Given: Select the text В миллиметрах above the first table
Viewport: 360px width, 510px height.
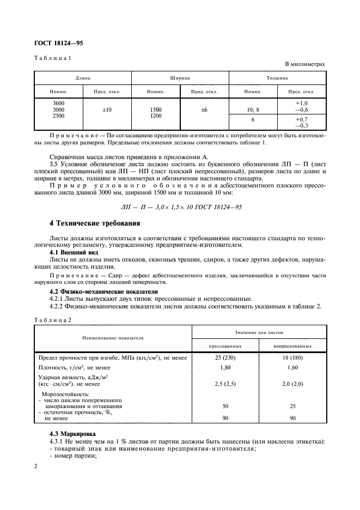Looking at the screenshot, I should (305, 64).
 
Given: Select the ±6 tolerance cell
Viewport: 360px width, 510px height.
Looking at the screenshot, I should (204, 110).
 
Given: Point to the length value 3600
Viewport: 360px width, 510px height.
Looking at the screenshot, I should (58, 103).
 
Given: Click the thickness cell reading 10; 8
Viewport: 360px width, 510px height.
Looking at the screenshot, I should (252, 110).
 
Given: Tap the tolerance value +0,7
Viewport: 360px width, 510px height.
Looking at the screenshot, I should (302, 119).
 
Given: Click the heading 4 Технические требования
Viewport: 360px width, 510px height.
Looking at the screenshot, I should (95, 223).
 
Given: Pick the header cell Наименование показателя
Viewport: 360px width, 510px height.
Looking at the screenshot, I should (113, 338).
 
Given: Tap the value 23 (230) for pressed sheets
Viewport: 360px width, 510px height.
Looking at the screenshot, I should (225, 357).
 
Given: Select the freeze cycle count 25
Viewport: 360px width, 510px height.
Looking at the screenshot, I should (293, 406).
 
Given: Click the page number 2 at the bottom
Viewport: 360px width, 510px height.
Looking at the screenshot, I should (35, 467).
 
